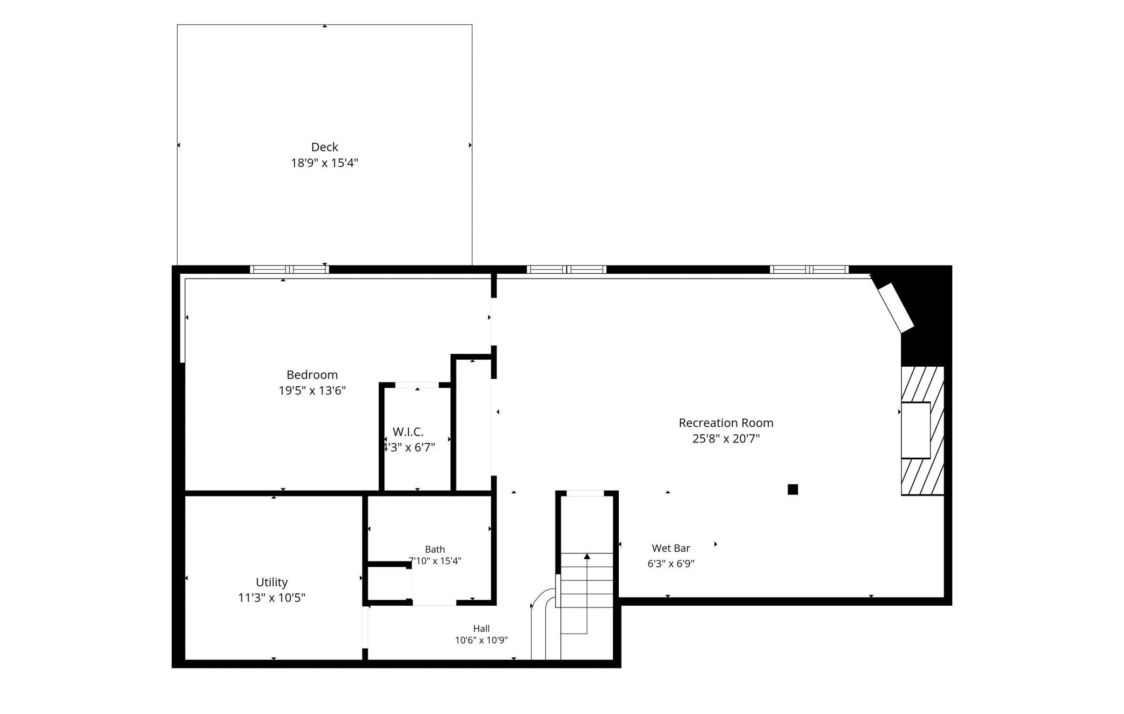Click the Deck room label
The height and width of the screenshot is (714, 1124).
(324, 147)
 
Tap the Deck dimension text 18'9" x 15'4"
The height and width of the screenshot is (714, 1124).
(324, 163)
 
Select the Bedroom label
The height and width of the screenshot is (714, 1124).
(312, 374)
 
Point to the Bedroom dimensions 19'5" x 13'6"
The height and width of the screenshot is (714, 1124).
(312, 391)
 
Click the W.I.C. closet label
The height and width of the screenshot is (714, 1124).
(408, 432)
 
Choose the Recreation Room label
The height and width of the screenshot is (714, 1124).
(726, 422)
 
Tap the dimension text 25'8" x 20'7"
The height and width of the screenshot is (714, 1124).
(726, 439)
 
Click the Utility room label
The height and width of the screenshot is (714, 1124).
(271, 582)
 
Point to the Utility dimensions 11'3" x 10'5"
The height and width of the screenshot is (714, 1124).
(271, 598)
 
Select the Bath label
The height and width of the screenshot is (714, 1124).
(434, 550)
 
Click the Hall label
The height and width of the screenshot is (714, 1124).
(481, 629)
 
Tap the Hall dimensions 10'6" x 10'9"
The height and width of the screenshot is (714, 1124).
(481, 640)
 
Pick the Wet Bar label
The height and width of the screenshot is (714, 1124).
(671, 548)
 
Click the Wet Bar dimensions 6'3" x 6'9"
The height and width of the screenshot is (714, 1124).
(671, 564)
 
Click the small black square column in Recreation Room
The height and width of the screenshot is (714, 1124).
(793, 490)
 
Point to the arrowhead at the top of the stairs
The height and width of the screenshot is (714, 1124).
(587, 556)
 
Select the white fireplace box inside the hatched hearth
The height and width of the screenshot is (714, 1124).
(915, 431)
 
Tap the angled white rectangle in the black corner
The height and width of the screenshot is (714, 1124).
(895, 308)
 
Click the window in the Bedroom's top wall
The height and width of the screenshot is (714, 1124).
(289, 269)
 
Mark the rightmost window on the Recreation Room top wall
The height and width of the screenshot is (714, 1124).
(809, 269)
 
